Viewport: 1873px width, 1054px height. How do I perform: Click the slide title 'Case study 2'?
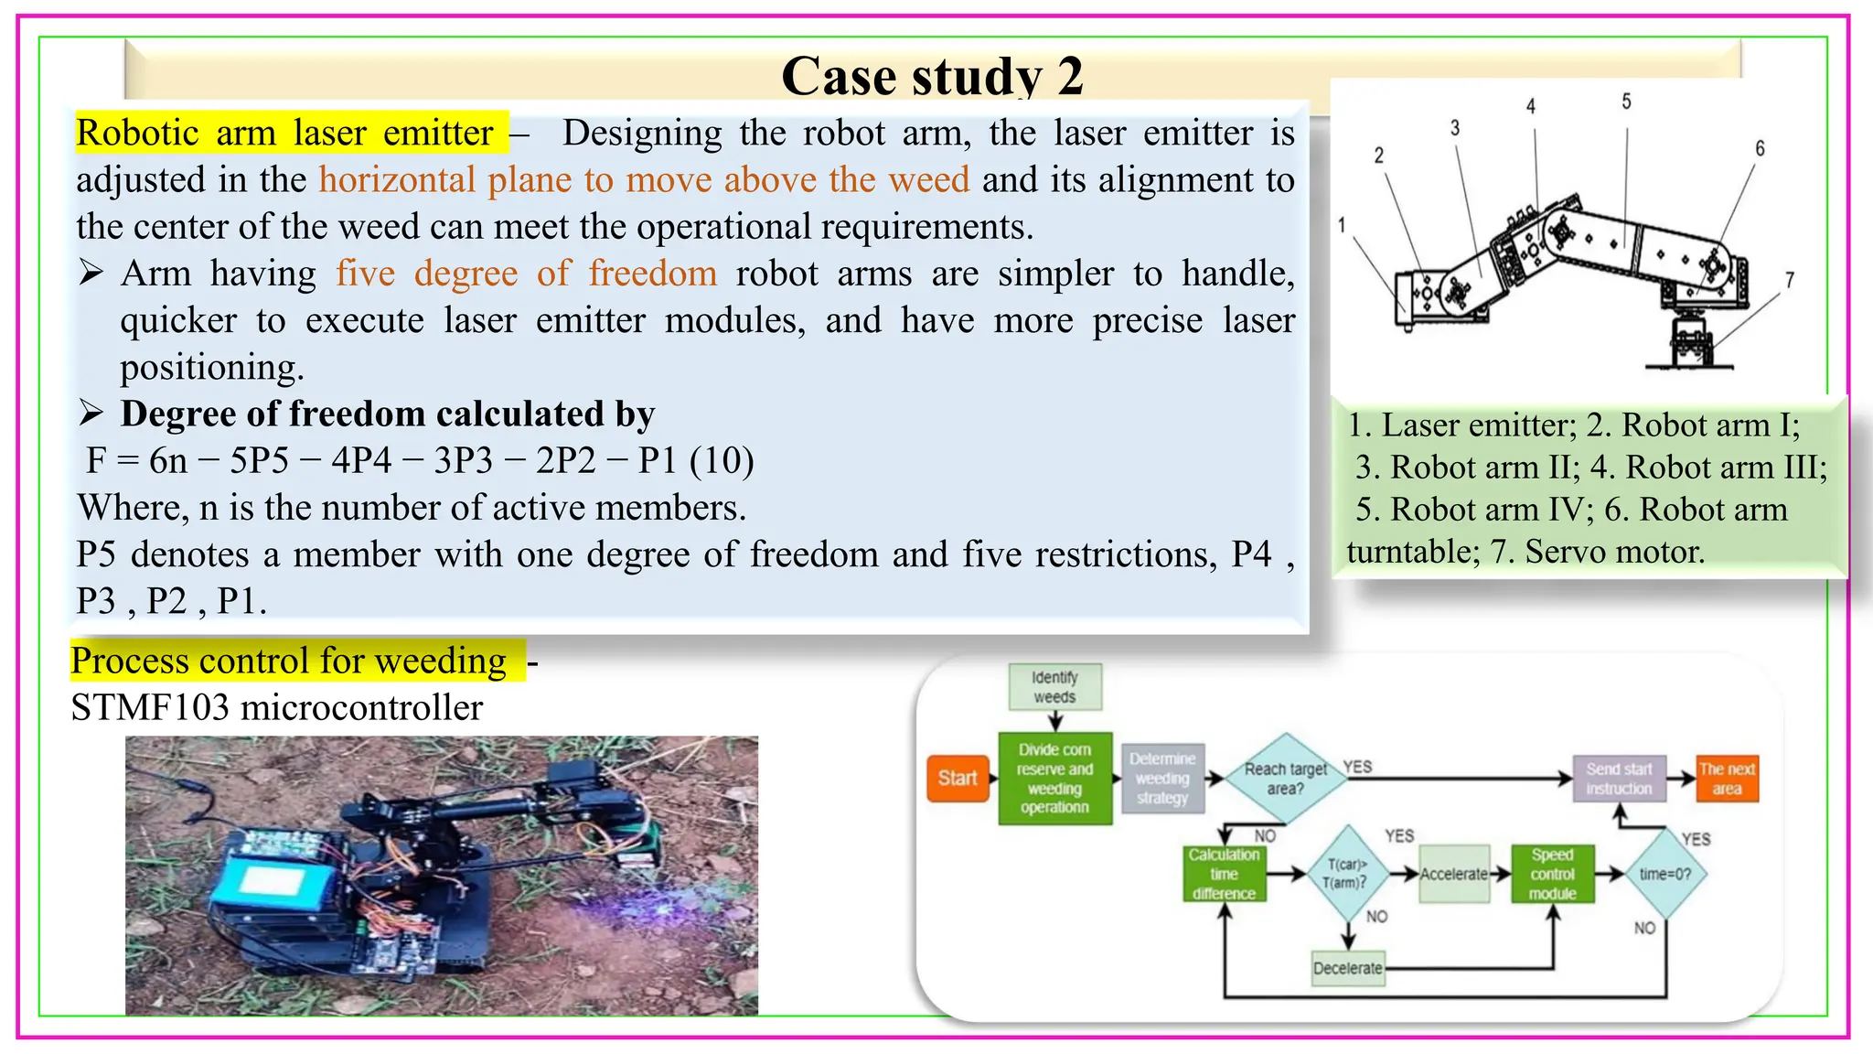pyautogui.click(x=932, y=75)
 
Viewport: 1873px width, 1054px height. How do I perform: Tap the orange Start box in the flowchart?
pyautogui.click(x=958, y=779)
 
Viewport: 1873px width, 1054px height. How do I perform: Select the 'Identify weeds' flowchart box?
pyautogui.click(x=1054, y=687)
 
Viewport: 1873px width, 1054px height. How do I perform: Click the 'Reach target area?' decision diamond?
pyautogui.click(x=1285, y=779)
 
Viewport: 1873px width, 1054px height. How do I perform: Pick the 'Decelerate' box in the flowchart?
pyautogui.click(x=1347, y=968)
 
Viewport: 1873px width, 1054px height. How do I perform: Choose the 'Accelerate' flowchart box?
pyautogui.click(x=1453, y=874)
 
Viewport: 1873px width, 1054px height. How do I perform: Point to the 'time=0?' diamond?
pyautogui.click(x=1664, y=874)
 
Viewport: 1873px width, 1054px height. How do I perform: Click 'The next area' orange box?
pyautogui.click(x=1727, y=779)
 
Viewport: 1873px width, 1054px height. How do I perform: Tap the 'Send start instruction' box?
pyautogui.click(x=1619, y=779)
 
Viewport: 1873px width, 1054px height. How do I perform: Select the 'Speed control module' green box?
pyautogui.click(x=1552, y=874)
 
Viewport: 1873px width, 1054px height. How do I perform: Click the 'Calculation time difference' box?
pyautogui.click(x=1224, y=874)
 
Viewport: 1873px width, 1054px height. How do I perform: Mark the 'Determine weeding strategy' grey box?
pyautogui.click(x=1161, y=779)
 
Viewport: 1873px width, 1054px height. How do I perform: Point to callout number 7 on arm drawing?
pyautogui.click(x=1790, y=280)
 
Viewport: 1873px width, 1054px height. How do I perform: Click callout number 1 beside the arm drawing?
pyautogui.click(x=1342, y=225)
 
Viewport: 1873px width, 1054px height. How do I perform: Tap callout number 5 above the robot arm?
pyautogui.click(x=1626, y=102)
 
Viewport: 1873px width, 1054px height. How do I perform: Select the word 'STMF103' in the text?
pyautogui.click(x=150, y=708)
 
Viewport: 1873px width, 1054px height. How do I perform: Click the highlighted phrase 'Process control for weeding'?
pyautogui.click(x=289, y=661)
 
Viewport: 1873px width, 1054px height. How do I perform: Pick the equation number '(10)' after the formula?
pyautogui.click(x=722, y=460)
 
